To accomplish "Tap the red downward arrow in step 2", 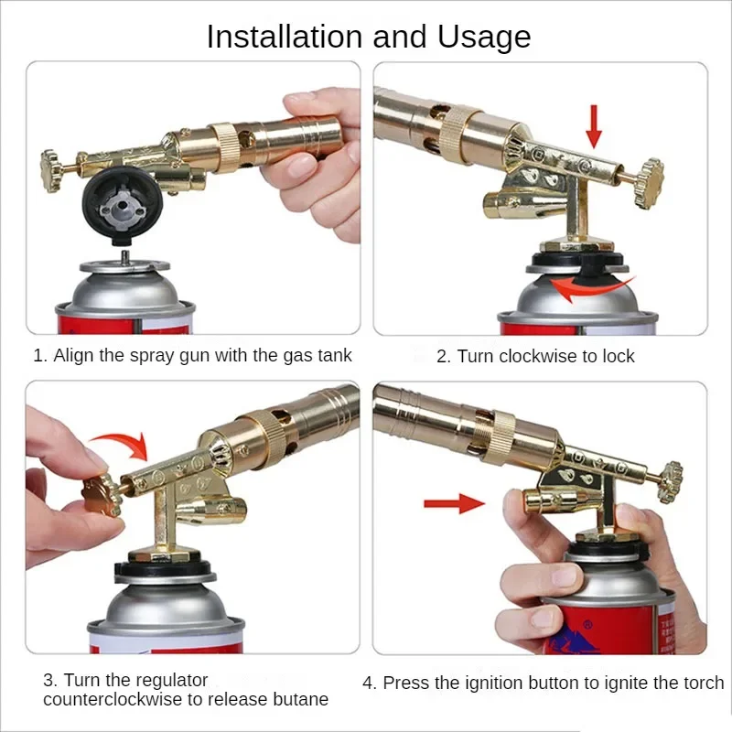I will (x=594, y=125).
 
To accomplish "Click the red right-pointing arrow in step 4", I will (x=452, y=502).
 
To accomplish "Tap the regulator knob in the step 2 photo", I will (x=650, y=171).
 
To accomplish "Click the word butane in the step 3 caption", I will (x=301, y=700).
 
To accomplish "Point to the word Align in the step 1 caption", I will (x=73, y=356).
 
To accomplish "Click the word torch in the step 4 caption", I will (x=702, y=684).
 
